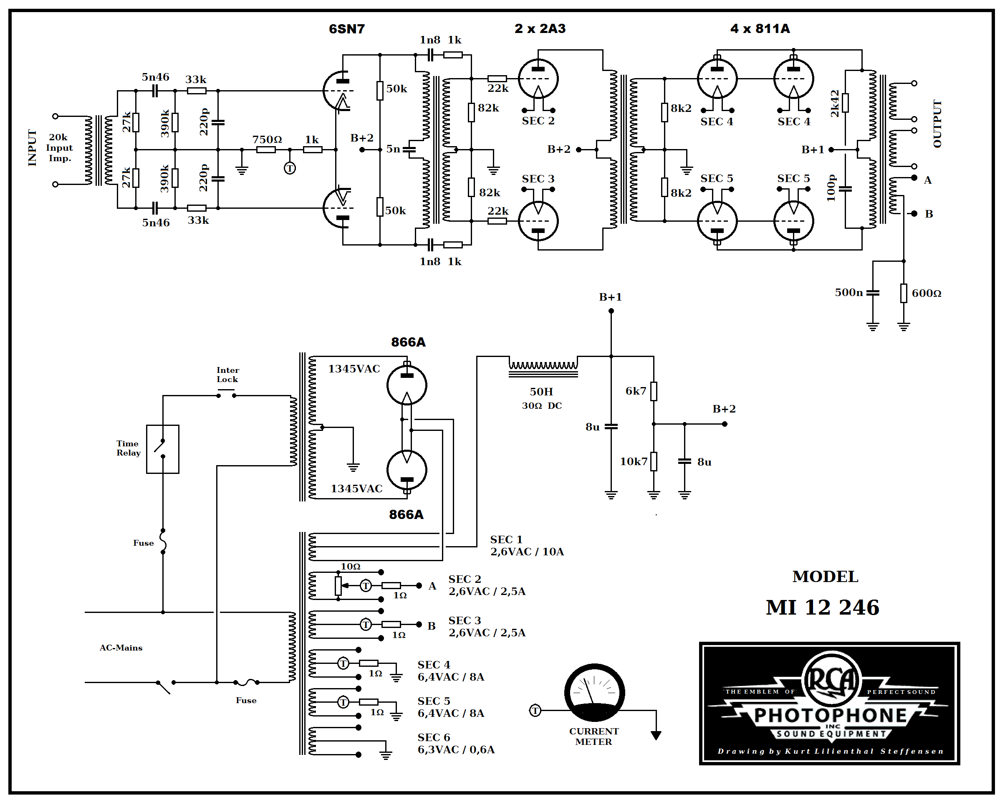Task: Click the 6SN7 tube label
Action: coord(346,29)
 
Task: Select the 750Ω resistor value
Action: coord(267,139)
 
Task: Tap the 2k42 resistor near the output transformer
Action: coord(845,103)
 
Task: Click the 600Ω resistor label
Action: coord(926,294)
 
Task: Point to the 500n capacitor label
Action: coord(848,292)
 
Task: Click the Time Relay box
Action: coord(162,449)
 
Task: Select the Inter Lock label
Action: coord(227,375)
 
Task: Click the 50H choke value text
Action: coord(541,392)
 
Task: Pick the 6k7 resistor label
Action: coord(635,391)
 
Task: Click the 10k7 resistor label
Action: coord(633,461)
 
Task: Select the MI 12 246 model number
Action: coord(822,607)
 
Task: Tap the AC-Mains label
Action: coord(121,647)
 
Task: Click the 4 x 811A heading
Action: coord(760,29)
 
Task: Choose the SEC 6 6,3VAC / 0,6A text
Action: coord(455,744)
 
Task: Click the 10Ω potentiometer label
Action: coord(350,566)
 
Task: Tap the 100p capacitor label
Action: coord(831,188)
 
